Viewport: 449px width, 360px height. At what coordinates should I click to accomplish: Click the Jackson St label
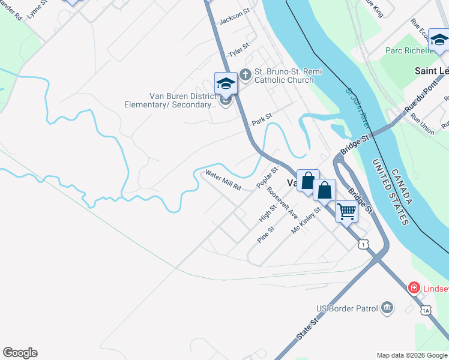[x=234, y=18]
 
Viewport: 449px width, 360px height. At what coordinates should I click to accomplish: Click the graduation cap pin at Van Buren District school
[x=226, y=83]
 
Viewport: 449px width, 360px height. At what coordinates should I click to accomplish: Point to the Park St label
[x=262, y=121]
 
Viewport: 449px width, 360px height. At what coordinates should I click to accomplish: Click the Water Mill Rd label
[x=223, y=180]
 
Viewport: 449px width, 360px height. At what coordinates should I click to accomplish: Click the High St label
[x=268, y=213]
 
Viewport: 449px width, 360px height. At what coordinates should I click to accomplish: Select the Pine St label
[x=265, y=234]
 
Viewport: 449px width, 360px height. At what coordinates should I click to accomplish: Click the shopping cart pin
[x=346, y=211]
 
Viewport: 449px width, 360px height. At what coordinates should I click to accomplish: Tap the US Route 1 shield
[x=363, y=244]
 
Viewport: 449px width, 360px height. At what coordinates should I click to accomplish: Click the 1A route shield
[x=426, y=310]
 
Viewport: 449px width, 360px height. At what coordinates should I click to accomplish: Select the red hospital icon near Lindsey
[x=414, y=289]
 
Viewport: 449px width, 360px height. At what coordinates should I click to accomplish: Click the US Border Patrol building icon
[x=387, y=308]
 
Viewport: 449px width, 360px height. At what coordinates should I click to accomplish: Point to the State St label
[x=306, y=330]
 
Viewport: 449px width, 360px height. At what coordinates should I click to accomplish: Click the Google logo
[x=20, y=353]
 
